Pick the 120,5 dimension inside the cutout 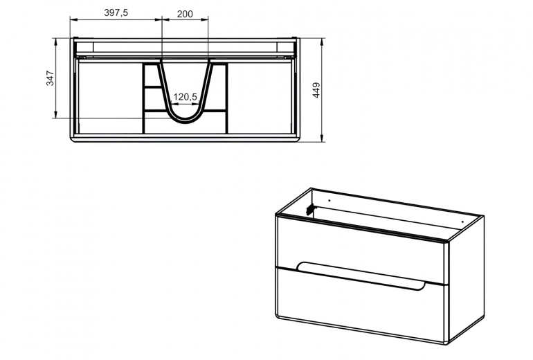point(186,97)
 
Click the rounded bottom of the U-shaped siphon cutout point(186,120)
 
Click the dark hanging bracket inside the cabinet point(311,207)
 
